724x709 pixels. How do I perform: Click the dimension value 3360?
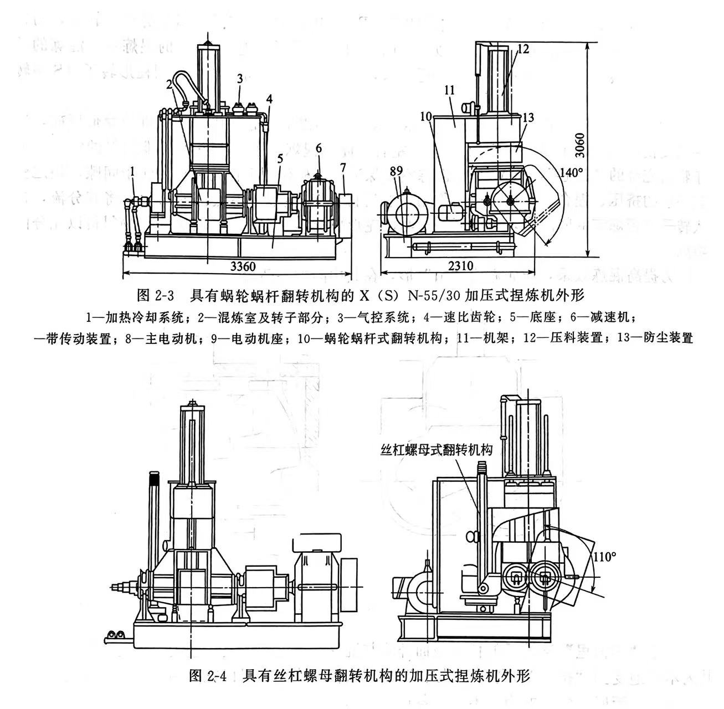243,266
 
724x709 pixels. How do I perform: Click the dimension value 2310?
460,266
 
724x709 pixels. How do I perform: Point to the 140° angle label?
571,172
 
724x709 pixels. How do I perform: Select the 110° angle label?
603,556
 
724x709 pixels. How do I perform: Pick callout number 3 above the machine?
239,79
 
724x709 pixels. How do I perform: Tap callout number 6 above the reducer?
319,148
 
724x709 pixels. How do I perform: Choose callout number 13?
528,117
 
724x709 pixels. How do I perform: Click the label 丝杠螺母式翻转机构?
437,450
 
